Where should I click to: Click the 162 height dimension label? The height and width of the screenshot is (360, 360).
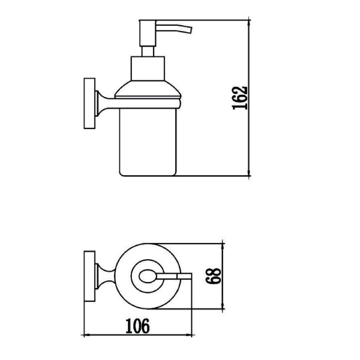click(240, 98)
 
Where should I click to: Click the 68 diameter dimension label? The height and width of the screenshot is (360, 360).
click(214, 276)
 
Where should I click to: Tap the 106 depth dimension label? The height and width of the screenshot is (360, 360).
click(137, 326)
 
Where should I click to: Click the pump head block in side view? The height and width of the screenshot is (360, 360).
click(148, 33)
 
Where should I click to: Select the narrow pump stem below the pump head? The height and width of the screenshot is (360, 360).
click(148, 52)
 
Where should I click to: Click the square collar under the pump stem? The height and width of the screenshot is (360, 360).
click(148, 68)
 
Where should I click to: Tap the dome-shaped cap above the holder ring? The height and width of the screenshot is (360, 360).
click(148, 89)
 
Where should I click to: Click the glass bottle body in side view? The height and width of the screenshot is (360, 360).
click(148, 142)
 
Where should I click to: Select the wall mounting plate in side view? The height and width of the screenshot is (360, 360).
click(89, 104)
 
